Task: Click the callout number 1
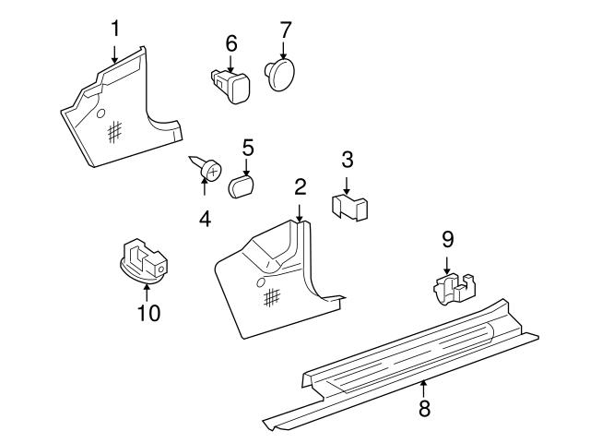pos(115,29)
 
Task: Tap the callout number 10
pos(148,313)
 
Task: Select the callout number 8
pos(424,408)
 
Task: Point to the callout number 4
pos(205,219)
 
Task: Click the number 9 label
pos(447,240)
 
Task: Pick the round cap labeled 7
pos(280,73)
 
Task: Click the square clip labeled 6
pos(231,85)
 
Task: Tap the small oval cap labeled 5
pos(241,186)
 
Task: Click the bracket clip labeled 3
pos(349,207)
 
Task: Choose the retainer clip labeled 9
pos(454,289)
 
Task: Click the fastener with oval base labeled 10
pos(142,261)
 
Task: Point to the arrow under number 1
pos(114,54)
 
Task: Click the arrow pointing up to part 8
pos(424,388)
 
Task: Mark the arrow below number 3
pos(347,186)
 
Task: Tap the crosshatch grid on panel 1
pos(114,132)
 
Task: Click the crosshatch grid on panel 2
pos(272,298)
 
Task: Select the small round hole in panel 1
pos(100,114)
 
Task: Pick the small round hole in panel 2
pos(261,282)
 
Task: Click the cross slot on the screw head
pos(214,173)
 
